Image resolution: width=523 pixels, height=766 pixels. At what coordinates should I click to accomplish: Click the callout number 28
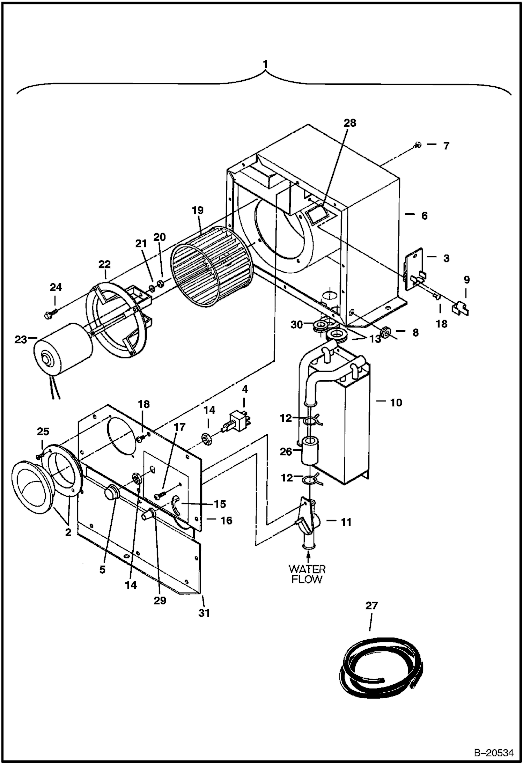(350, 123)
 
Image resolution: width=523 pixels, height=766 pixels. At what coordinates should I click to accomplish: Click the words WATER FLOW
(307, 574)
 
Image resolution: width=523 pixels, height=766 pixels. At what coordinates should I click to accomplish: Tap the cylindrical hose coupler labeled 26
(310, 450)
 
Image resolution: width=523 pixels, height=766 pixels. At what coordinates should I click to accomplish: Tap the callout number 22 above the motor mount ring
(104, 264)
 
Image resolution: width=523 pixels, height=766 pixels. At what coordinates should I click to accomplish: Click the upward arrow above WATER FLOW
(308, 557)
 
